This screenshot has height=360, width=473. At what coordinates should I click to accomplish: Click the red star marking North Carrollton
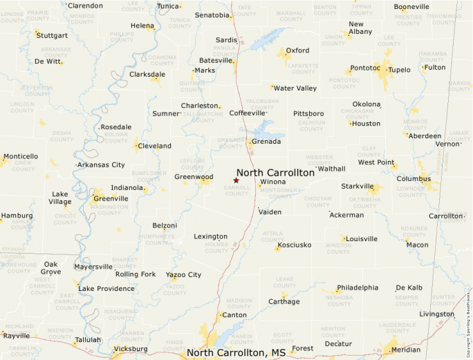click(236, 180)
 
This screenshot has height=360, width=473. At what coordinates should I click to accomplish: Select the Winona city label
click(272, 182)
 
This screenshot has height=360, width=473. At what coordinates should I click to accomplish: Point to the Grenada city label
click(266, 142)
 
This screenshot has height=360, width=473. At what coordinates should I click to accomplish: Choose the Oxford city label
click(297, 50)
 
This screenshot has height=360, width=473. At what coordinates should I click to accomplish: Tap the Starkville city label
click(357, 187)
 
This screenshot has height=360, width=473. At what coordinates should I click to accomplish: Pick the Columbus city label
click(414, 179)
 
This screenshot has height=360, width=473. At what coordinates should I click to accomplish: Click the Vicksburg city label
click(129, 349)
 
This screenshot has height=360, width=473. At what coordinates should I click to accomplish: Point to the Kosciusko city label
click(294, 245)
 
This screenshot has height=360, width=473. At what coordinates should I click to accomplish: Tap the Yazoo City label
click(183, 275)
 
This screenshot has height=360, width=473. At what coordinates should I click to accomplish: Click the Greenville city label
click(110, 199)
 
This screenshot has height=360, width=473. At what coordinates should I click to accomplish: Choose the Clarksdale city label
click(147, 75)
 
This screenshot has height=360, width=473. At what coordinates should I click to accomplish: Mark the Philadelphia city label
click(358, 288)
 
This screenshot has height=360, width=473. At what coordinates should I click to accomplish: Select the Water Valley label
click(295, 88)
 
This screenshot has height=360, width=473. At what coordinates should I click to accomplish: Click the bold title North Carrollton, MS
click(236, 353)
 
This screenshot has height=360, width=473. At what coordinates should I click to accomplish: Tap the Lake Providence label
click(106, 289)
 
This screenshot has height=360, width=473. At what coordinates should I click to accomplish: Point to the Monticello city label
click(21, 157)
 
